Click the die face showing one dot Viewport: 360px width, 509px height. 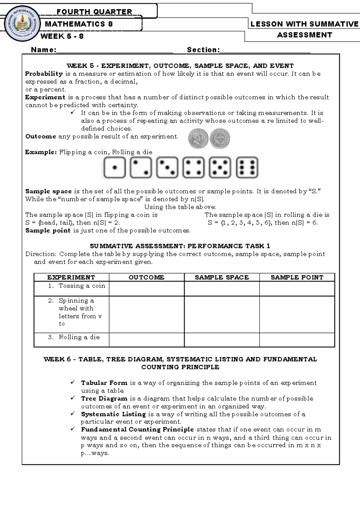(x=114, y=168)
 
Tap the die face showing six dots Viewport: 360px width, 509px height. (x=247, y=168)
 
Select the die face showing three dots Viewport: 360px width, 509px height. (x=167, y=168)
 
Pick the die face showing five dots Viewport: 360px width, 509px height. (x=220, y=168)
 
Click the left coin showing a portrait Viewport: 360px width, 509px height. (x=198, y=138)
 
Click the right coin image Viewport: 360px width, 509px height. (x=220, y=138)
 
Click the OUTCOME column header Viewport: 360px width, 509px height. (x=146, y=277)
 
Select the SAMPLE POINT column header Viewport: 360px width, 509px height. (x=297, y=277)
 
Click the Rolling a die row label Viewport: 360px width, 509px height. (x=79, y=337)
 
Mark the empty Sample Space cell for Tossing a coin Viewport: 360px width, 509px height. (x=222, y=289)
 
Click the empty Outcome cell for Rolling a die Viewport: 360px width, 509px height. (x=146, y=340)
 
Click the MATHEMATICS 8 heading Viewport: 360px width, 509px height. (x=79, y=24)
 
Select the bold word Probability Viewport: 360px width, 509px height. (x=44, y=74)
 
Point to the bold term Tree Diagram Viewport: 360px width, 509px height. (x=104, y=399)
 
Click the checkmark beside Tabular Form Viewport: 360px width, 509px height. (x=73, y=382)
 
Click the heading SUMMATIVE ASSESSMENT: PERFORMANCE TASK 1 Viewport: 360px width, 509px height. (x=180, y=246)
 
